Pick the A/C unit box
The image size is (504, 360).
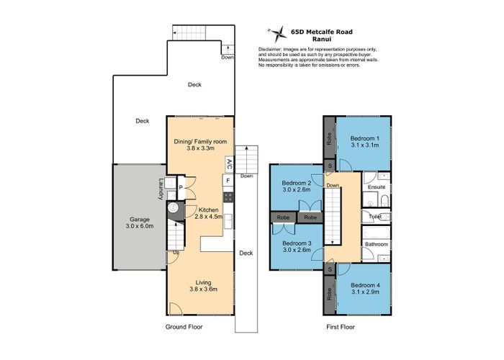[229, 164]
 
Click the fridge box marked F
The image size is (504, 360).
[228, 180]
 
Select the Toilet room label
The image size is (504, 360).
[374, 215]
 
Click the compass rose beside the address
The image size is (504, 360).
[277, 31]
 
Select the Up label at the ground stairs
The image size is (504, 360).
[175, 252]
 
